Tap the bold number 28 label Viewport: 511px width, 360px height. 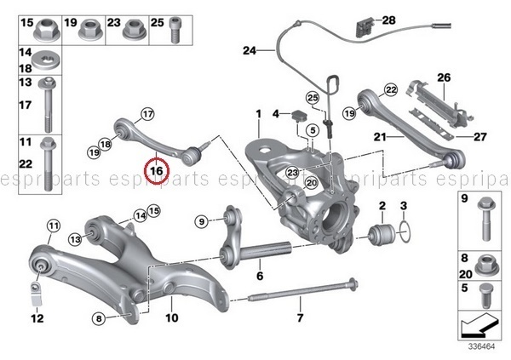point(389,19)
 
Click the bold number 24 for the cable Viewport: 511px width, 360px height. point(249,51)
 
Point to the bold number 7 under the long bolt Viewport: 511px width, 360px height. point(300,319)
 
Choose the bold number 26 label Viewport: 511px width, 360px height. point(443,77)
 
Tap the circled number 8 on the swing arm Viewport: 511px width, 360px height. point(100,319)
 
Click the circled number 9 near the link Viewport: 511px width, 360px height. point(202,222)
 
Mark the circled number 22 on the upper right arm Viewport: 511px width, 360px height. point(391,89)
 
